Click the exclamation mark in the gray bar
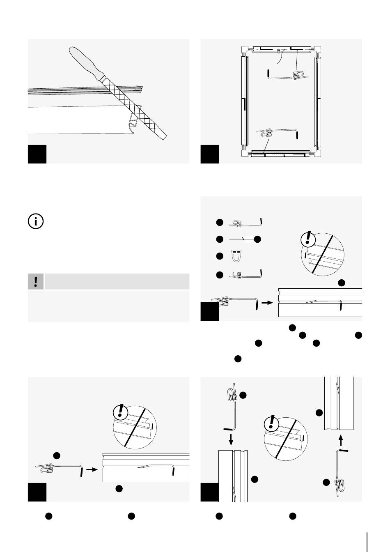36,281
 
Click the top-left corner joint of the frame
245,49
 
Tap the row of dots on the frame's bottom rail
279,153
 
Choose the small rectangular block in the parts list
249,239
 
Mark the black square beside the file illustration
37,154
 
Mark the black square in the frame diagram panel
210,154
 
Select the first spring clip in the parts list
245,222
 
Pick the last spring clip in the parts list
245,274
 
